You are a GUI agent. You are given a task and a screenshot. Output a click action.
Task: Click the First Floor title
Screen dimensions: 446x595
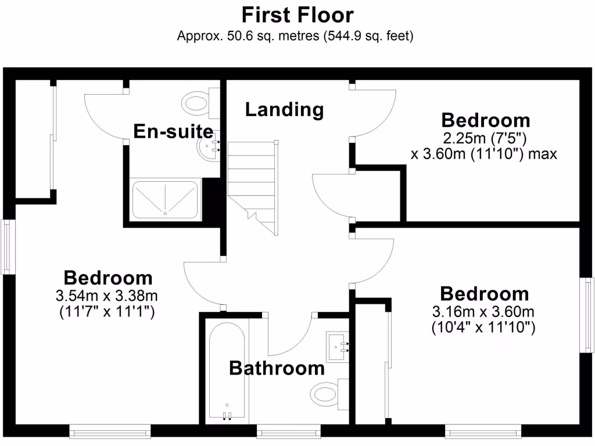(297, 14)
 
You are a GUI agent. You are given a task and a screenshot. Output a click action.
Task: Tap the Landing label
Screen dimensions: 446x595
(284, 109)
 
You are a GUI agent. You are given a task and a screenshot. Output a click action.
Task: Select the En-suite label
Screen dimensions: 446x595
(173, 131)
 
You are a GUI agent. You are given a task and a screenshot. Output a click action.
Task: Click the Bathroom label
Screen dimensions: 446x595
(277, 368)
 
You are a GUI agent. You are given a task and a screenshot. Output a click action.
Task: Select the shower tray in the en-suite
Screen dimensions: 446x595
(167, 199)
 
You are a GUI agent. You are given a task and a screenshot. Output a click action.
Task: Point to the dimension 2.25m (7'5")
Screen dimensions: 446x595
(485, 139)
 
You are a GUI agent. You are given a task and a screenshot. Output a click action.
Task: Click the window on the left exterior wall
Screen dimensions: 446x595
(7, 246)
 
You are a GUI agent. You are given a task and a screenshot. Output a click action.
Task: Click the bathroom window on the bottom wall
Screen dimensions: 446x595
(289, 430)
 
